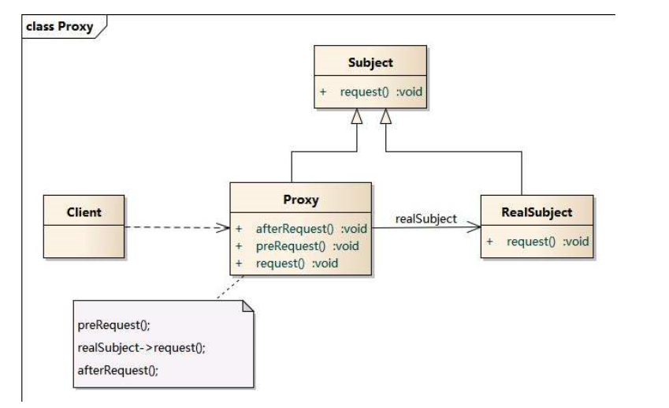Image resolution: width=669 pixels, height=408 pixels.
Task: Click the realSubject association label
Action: pos(426,219)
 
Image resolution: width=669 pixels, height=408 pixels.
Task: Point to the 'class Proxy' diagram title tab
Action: pos(59,28)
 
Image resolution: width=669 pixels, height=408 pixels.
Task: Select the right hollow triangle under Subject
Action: pos(386,118)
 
